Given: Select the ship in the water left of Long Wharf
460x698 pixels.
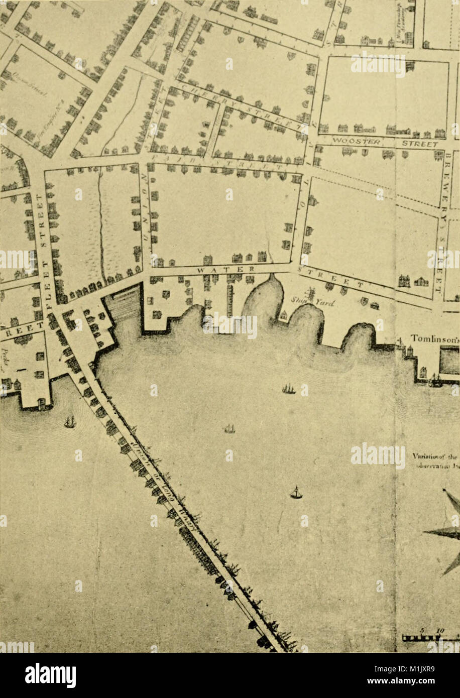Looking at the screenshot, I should [70, 422].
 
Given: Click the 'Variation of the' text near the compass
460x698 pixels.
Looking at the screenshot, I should [435, 457].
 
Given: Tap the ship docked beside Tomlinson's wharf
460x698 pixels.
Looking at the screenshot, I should [435, 382].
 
